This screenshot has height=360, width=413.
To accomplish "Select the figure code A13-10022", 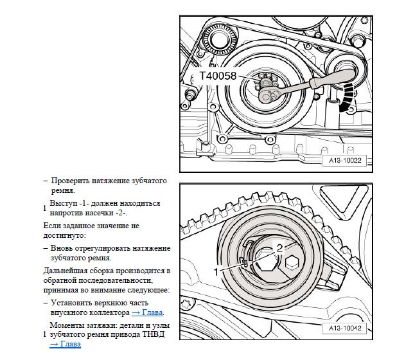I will point(344,161).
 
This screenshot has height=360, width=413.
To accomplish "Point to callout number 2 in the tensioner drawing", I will point(279,246).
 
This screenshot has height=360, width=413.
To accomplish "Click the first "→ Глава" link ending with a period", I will point(147,313).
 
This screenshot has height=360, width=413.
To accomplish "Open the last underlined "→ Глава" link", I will point(66,345).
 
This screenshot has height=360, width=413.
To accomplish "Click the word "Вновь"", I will point(62,248).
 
